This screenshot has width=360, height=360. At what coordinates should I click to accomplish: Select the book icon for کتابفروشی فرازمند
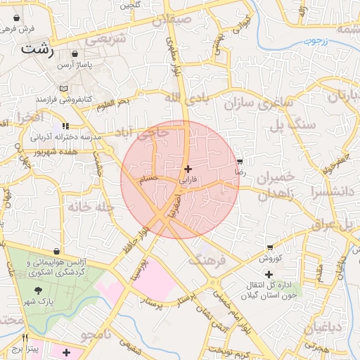point(65,89)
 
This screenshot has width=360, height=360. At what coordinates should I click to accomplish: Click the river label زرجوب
point(317,41)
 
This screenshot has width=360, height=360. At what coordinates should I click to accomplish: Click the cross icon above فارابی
point(187,169)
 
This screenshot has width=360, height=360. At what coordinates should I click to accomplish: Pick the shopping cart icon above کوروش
point(271,247)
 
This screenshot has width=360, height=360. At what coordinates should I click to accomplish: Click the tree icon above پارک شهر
point(37,290)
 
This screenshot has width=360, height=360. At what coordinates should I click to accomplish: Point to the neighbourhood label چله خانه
point(87,207)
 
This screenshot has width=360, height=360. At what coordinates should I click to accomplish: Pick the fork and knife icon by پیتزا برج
point(26,338)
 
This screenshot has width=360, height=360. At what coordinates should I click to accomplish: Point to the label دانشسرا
point(323,191)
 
